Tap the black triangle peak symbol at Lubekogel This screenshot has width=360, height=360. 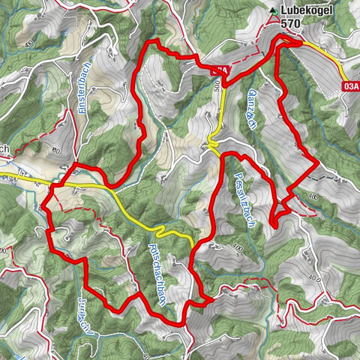pos(274,10)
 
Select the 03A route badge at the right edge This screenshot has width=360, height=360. pos(349,86)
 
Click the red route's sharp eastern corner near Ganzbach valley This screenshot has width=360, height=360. pos(317,160)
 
